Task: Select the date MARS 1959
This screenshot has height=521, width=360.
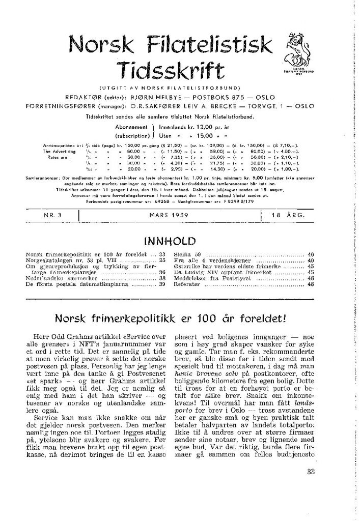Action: pos(170,216)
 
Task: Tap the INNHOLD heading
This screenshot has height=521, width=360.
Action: pos(169,239)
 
